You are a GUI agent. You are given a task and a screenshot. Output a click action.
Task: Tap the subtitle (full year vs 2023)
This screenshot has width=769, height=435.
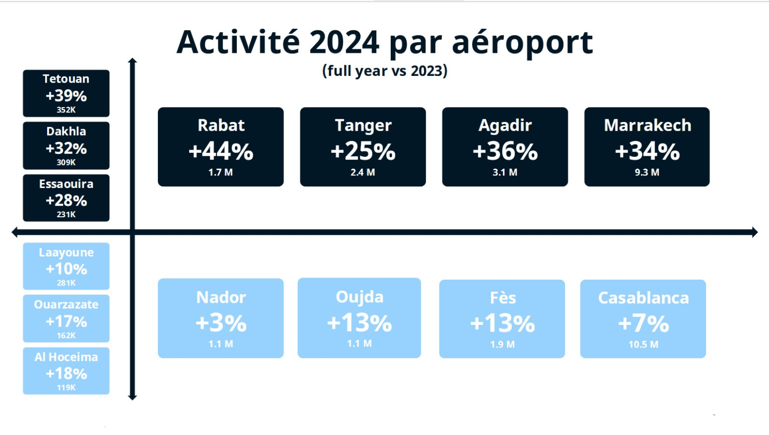(385, 71)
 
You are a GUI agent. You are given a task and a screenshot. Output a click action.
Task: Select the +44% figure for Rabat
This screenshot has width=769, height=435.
(221, 151)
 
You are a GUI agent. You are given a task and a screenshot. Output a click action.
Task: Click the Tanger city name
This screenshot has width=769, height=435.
(363, 125)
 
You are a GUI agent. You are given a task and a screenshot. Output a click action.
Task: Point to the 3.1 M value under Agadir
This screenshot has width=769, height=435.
(504, 172)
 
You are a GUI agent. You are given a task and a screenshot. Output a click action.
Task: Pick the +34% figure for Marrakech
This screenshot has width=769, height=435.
(647, 151)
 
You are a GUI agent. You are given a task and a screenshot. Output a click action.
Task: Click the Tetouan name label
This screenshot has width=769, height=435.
(66, 79)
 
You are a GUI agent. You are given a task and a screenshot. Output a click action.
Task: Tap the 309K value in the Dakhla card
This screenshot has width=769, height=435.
(66, 162)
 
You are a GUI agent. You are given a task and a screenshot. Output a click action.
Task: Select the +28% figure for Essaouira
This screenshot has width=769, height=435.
(66, 200)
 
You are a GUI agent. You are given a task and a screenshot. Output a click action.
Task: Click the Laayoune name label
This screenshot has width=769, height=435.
(66, 253)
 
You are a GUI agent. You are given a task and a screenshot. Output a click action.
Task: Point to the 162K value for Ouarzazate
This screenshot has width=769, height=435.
(66, 335)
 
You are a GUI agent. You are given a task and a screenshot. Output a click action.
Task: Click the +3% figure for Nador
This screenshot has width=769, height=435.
(221, 323)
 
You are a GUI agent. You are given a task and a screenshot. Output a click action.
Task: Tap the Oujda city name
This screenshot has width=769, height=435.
(359, 297)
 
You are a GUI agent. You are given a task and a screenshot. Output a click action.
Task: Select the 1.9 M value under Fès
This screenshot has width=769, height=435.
(502, 344)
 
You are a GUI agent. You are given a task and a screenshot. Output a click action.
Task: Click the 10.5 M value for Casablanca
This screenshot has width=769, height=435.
(643, 344)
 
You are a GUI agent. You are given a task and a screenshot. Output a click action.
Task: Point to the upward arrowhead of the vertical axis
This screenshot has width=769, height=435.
(132, 61)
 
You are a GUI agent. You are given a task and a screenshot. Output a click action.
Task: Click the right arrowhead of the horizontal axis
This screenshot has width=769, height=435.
(755, 232)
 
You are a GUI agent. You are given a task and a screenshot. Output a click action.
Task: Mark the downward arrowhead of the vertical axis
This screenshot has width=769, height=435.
(132, 398)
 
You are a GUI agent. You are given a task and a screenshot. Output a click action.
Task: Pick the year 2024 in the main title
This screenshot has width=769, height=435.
(344, 43)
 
